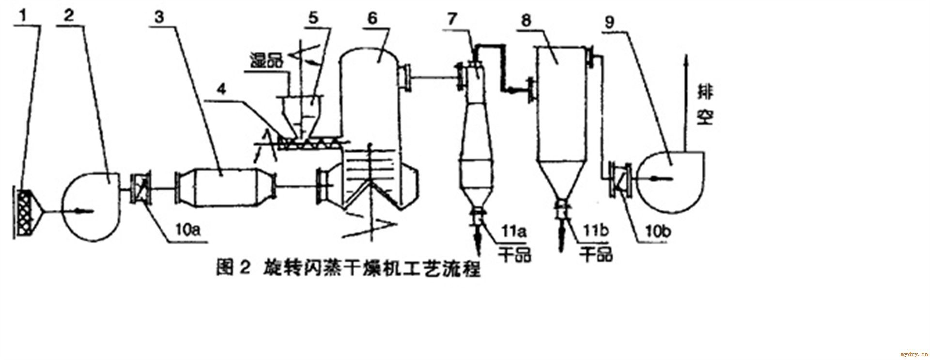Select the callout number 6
point(372,18)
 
